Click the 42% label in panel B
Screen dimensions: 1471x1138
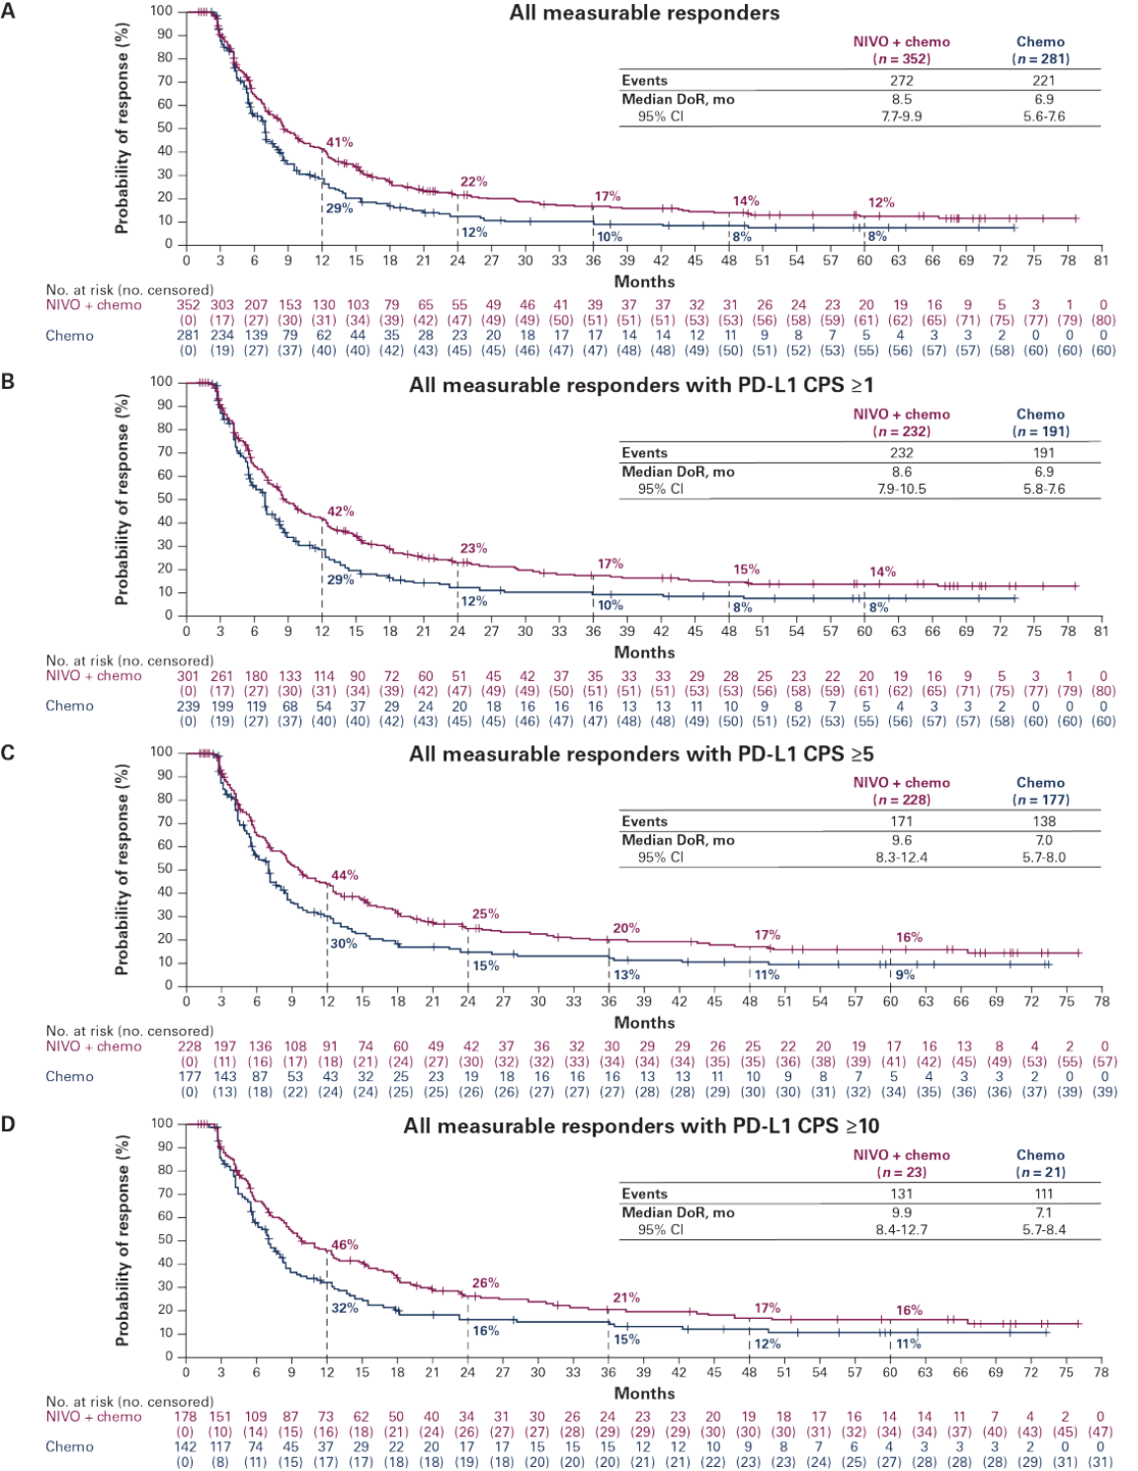340,511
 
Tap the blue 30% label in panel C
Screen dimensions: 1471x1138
342,943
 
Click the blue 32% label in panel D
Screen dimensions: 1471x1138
342,1308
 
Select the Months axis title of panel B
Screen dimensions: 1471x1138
644,652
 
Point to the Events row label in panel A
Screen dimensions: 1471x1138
643,81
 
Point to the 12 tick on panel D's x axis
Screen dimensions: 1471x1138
326,1371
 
